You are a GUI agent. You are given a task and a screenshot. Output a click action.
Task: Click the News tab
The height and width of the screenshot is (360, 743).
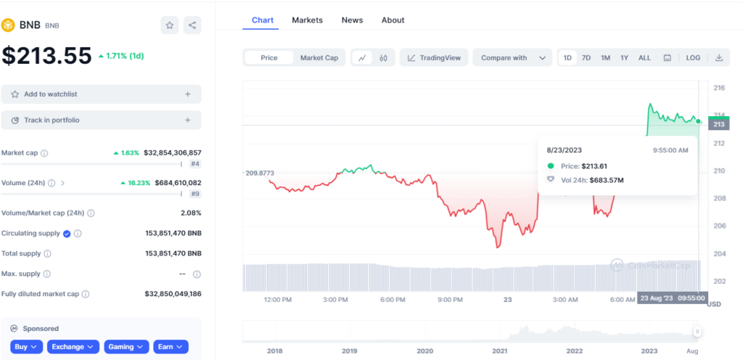(352, 20)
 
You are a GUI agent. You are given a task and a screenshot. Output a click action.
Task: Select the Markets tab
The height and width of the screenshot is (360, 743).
(307, 20)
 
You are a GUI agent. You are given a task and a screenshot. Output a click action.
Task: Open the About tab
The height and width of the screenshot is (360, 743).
(393, 20)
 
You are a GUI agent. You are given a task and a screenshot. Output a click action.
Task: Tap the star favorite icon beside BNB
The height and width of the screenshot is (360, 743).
(170, 25)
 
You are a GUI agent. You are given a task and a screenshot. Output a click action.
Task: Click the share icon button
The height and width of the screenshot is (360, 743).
(192, 25)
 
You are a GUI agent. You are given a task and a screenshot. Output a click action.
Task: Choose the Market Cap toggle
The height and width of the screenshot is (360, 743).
(319, 58)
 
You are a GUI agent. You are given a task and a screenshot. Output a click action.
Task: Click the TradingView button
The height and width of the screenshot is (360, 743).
(434, 58)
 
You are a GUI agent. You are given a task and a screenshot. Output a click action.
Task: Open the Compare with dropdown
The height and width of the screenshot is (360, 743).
(512, 58)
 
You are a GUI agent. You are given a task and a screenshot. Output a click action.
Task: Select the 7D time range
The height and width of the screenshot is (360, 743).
(586, 58)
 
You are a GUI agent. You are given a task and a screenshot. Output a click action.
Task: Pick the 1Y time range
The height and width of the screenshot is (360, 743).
(624, 58)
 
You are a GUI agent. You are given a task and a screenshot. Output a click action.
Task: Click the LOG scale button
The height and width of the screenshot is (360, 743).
(693, 58)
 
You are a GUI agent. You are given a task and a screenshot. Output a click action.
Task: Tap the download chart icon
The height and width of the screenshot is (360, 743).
(719, 58)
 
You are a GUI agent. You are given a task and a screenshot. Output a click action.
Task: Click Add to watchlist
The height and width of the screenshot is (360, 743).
(102, 94)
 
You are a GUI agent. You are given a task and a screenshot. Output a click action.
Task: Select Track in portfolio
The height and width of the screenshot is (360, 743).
(102, 120)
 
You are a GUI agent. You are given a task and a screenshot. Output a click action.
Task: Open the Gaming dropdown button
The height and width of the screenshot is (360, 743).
(126, 347)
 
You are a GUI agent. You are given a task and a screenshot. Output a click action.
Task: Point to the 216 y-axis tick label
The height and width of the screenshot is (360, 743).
(719, 88)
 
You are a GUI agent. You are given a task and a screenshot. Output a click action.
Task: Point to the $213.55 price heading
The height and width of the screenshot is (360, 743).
(46, 55)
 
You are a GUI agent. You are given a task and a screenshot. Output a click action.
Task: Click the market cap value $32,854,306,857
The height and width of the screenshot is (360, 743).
(173, 153)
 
